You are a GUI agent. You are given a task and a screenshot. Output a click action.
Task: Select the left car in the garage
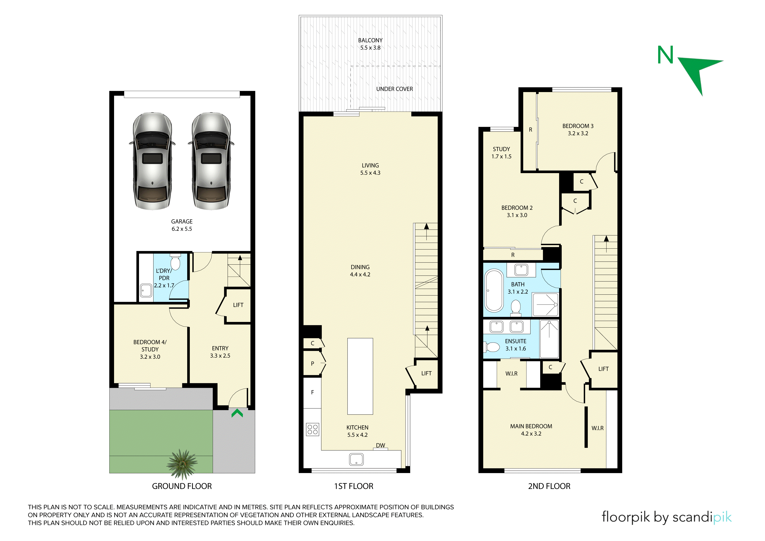152,161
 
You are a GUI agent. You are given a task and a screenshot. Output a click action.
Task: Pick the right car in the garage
211,161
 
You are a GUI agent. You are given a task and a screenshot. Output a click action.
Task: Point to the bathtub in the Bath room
494,291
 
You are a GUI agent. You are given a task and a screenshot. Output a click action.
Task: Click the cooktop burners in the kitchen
312,429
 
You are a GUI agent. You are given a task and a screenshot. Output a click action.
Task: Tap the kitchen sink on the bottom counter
356,459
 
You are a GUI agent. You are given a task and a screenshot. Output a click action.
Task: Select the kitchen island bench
360,376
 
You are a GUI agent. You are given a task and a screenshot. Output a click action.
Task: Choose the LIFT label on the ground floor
238,305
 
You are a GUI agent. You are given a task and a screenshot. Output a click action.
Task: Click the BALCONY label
370,40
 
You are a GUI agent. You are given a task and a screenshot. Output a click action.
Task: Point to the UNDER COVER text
395,89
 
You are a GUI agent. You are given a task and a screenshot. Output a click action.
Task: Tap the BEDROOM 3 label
578,126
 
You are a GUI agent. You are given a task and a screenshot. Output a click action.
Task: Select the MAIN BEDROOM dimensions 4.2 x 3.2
531,434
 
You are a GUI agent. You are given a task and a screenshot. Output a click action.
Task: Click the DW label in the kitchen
380,445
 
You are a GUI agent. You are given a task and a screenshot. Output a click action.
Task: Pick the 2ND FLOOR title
549,486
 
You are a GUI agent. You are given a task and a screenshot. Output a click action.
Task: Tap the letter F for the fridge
312,392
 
